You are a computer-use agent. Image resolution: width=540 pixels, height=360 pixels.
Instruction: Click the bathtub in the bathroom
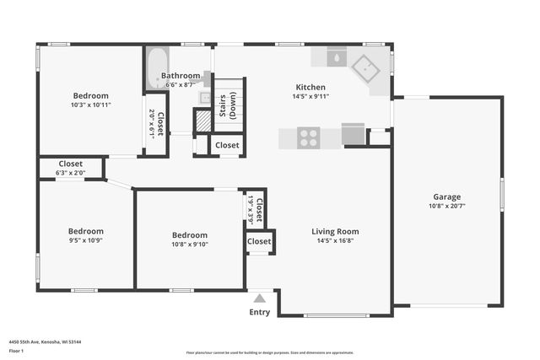point(156,67)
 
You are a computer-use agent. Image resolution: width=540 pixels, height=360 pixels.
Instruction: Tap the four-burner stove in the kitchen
point(308,137)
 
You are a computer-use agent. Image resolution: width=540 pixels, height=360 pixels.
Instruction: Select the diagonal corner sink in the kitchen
point(368,66)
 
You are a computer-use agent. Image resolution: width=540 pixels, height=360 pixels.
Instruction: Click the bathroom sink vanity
point(205,99)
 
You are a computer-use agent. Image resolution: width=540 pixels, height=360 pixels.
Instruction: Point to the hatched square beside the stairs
point(202,121)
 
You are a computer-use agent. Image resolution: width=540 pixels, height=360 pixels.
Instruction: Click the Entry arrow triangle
point(260,298)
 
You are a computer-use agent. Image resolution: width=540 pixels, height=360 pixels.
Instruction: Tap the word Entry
point(260,313)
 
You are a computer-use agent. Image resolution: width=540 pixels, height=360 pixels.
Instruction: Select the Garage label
point(447,196)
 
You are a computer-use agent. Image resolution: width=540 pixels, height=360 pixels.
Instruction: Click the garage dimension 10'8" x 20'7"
point(447,206)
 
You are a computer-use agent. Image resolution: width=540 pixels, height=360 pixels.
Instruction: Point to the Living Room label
point(335,231)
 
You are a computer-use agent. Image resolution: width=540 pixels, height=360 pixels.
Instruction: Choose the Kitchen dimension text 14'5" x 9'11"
point(310,97)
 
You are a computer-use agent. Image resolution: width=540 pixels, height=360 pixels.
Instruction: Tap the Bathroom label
point(181,75)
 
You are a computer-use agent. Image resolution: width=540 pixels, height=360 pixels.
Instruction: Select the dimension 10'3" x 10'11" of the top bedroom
point(91,105)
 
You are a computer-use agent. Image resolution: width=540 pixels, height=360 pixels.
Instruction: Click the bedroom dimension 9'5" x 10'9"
point(86,240)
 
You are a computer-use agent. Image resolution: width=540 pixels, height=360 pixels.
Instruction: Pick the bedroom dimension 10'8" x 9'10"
point(190,244)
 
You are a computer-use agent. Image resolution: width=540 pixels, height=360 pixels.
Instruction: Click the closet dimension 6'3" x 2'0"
point(71,173)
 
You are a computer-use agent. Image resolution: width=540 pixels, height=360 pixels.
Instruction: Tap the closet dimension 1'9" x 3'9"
point(251,208)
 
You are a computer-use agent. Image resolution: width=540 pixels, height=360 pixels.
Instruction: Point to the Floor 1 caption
point(16,350)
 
